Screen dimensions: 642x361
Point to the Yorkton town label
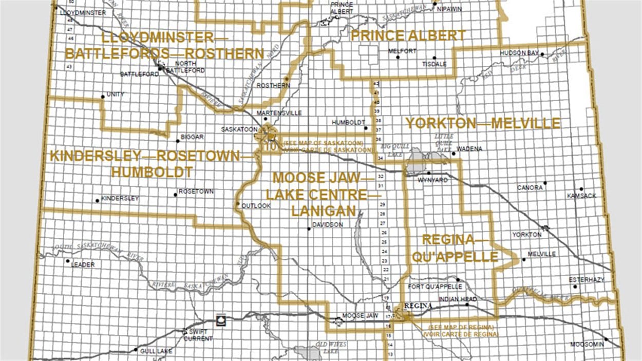526,235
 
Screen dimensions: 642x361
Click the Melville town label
542,254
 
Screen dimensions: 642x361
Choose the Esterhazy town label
587,279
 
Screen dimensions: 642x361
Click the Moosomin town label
587,345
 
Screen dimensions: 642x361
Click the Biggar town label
193,137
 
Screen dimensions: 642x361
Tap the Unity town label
115,94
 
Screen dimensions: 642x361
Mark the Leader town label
83,264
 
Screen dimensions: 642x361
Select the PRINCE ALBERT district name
408,35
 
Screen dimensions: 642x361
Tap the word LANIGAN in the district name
323,211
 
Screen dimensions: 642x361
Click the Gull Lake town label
154,351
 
